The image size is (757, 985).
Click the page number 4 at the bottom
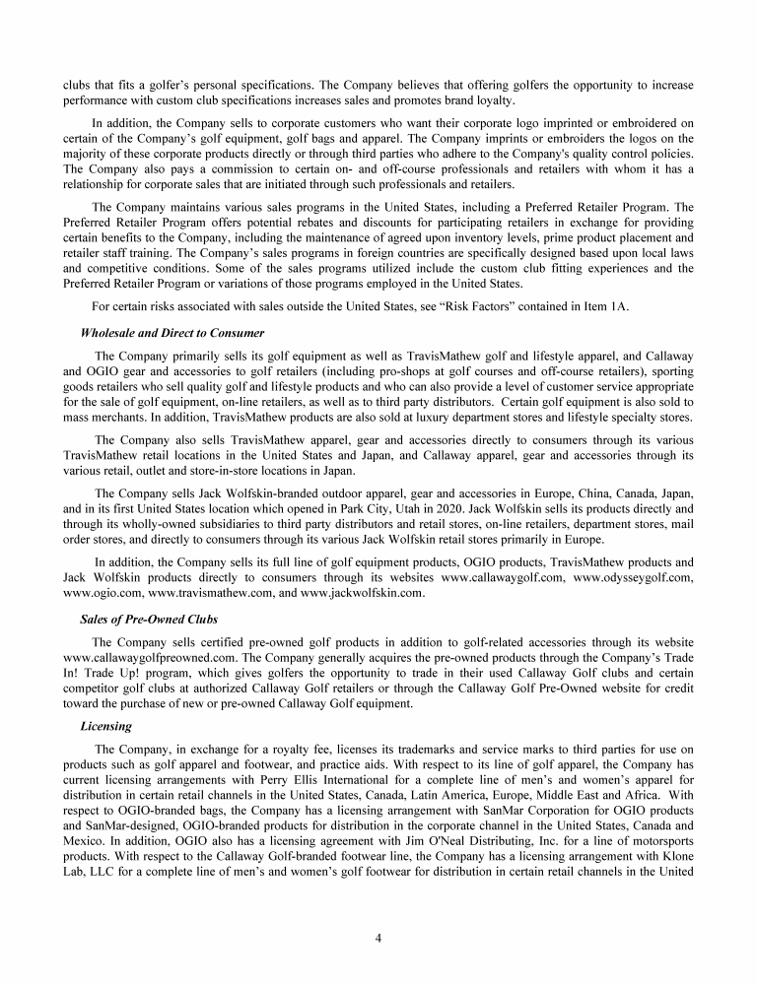pyautogui.click(x=378, y=937)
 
